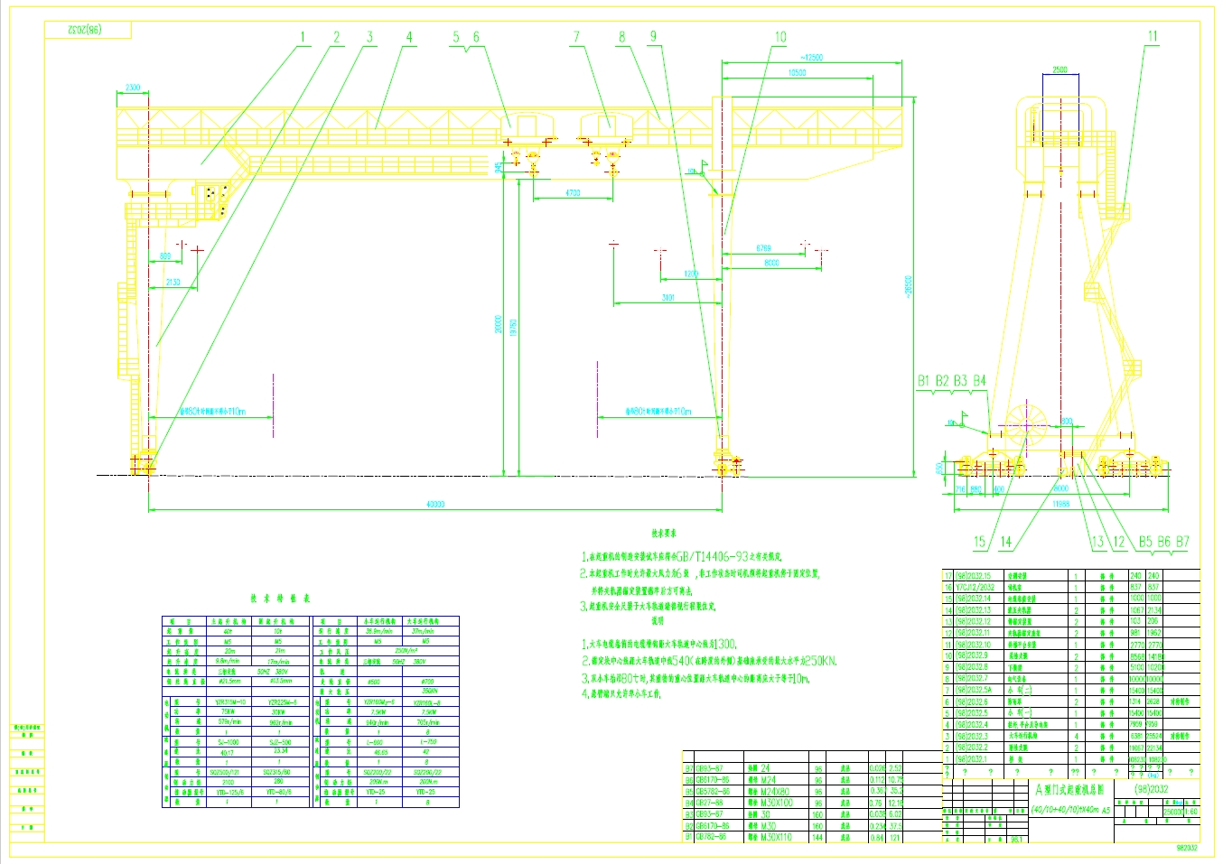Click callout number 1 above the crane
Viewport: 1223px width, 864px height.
[x=303, y=38]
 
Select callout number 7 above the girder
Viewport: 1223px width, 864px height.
[x=576, y=37]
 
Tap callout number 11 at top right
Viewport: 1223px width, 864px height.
[x=1153, y=37]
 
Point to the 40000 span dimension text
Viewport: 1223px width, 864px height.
[x=435, y=504]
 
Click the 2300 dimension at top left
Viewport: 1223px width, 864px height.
[x=132, y=88]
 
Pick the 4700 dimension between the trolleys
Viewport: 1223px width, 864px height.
[x=573, y=193]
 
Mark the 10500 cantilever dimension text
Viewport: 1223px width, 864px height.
[x=796, y=72]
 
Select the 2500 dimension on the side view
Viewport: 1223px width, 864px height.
[x=1060, y=70]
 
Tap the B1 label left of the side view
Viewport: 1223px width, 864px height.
[x=923, y=381]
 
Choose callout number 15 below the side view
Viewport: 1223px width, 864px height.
[x=979, y=542]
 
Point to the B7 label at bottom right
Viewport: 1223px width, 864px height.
[x=1182, y=542]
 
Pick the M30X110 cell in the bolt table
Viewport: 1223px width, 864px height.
[x=774, y=837]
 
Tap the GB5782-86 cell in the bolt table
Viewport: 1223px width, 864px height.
[x=713, y=791]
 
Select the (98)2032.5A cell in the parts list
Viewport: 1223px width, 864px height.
[x=974, y=690]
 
